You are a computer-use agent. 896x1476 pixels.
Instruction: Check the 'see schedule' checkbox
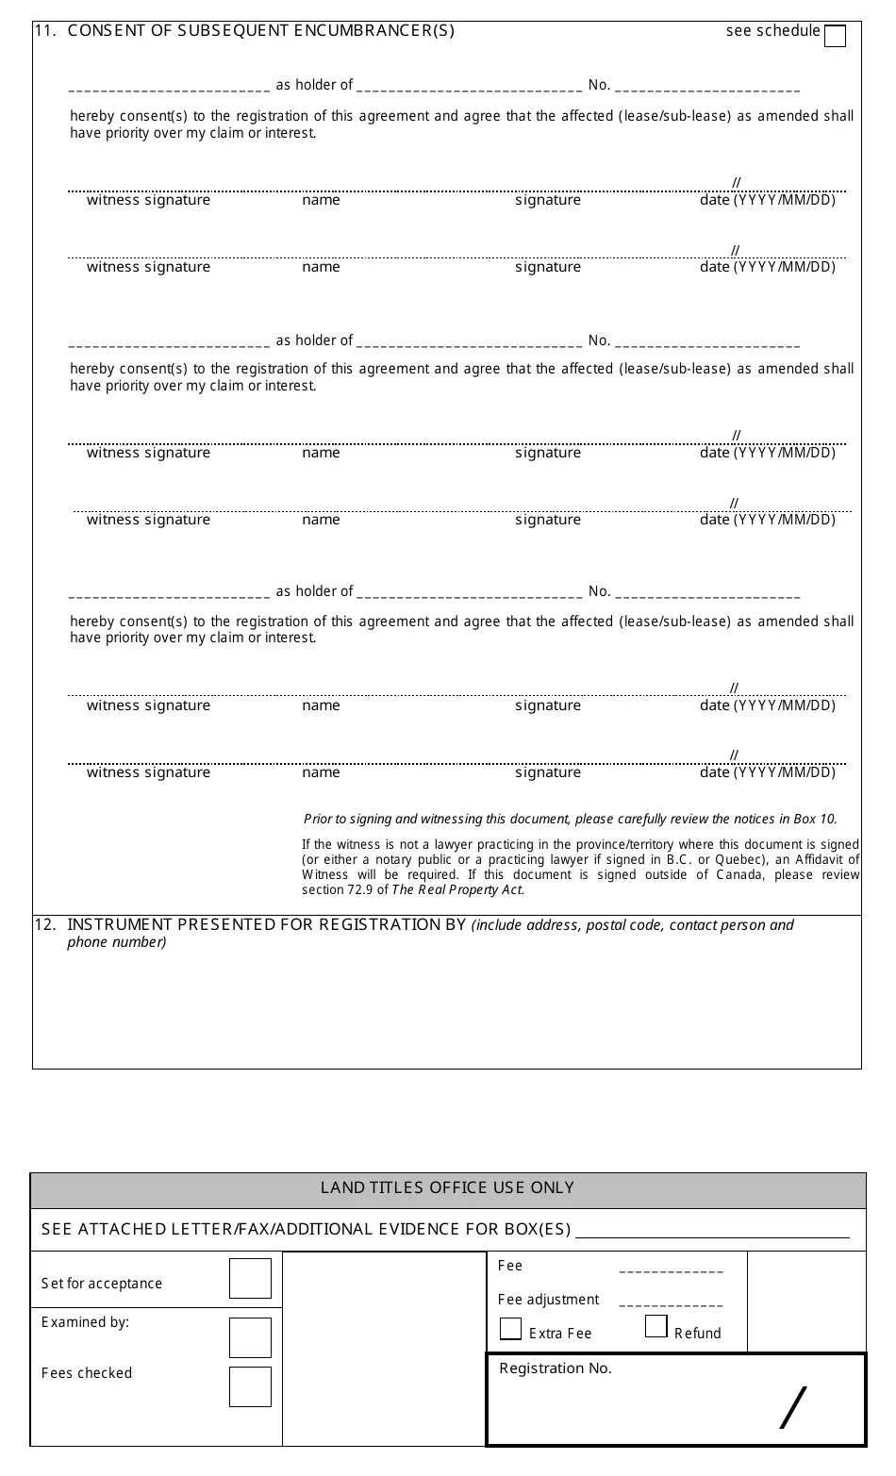click(x=835, y=36)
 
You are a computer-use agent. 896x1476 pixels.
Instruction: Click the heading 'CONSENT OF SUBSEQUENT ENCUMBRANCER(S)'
click(x=261, y=30)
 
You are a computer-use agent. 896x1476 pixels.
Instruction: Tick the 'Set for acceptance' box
click(x=250, y=1279)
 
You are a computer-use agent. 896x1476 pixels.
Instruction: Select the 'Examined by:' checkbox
click(x=250, y=1337)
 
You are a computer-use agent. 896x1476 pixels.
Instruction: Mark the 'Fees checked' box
click(x=250, y=1386)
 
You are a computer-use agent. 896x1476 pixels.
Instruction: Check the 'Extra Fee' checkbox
click(x=510, y=1329)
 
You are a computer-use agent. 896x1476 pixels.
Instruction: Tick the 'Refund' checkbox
click(x=656, y=1326)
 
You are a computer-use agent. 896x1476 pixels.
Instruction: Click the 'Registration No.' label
click(x=556, y=1368)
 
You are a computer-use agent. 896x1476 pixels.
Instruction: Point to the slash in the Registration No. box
click(x=794, y=1407)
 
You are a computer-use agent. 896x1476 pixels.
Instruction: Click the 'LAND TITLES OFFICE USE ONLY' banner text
click(x=447, y=1188)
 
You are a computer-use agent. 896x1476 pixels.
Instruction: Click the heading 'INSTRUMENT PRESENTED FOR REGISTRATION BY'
click(x=267, y=924)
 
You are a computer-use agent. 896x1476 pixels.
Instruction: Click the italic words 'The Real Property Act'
click(x=456, y=889)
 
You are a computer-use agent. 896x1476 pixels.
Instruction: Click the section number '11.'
click(x=45, y=30)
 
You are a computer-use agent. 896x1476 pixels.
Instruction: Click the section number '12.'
click(x=45, y=924)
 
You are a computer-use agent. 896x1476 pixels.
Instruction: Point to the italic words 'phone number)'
click(x=117, y=942)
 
